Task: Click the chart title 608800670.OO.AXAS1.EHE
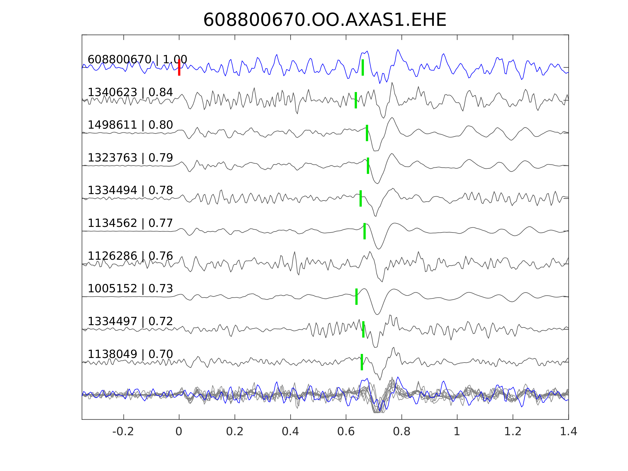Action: [x=325, y=20]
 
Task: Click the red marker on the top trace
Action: [x=179, y=68]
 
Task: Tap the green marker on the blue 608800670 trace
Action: [x=363, y=68]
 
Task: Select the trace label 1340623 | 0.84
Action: [x=130, y=92]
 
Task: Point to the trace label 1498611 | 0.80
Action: [x=130, y=125]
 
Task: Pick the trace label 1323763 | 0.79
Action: [x=130, y=157]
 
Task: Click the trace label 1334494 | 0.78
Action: [x=130, y=190]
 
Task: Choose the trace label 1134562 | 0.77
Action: [x=130, y=223]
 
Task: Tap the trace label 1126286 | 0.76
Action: [x=130, y=256]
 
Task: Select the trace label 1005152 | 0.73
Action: [x=130, y=289]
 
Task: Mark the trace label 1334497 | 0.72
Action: [x=130, y=321]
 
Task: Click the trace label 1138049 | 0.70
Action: [x=130, y=354]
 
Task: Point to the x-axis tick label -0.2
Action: [x=123, y=432]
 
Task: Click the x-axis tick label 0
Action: [x=179, y=432]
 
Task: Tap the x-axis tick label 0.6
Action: [x=346, y=432]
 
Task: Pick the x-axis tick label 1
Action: [x=457, y=432]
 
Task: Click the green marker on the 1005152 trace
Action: [x=357, y=297]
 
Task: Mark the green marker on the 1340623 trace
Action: [x=356, y=100]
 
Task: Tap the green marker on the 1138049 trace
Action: [x=362, y=362]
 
